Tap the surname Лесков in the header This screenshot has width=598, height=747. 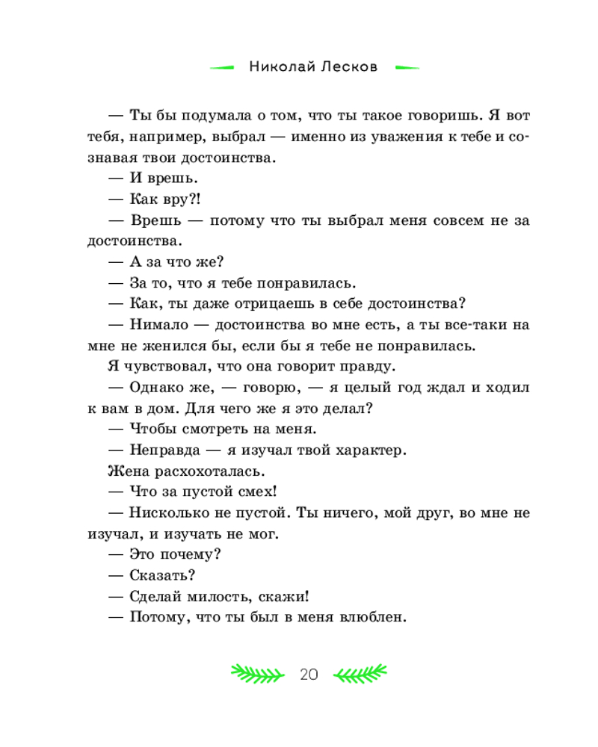[351, 66]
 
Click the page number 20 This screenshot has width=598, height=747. [309, 675]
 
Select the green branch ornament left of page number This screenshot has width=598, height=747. [256, 674]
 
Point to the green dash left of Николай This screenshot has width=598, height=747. [223, 67]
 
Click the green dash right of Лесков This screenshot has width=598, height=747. [407, 67]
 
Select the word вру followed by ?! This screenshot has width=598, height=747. [167, 200]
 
